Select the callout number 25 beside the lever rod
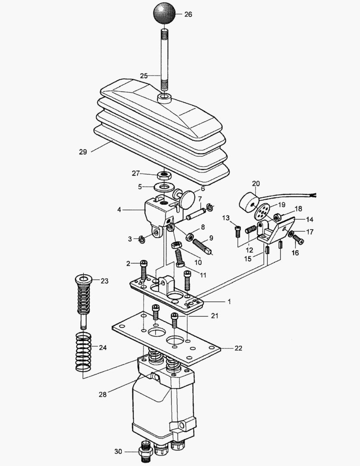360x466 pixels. (x=144, y=76)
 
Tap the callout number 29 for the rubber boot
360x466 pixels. (x=83, y=152)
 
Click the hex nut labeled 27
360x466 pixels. (x=163, y=176)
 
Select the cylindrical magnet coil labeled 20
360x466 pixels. (x=250, y=202)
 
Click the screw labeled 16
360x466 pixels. (x=298, y=237)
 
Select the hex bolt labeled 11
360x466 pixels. (x=180, y=259)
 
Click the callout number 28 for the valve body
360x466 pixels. (x=102, y=394)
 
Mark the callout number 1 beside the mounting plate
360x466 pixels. (x=229, y=302)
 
